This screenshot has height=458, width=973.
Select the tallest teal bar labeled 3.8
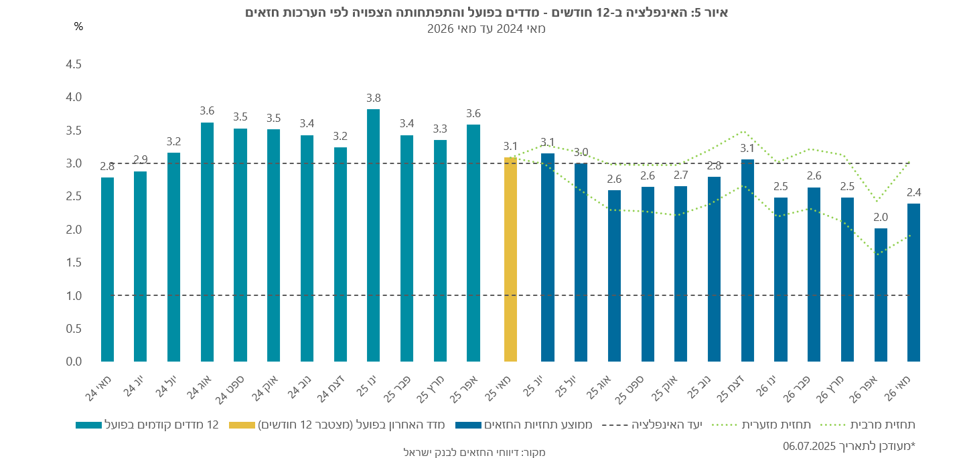(x=373, y=235)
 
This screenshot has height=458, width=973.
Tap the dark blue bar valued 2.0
(x=881, y=295)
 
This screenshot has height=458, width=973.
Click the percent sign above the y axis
(x=78, y=27)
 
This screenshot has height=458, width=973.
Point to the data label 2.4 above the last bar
(x=913, y=193)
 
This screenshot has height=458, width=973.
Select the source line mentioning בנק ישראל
(x=475, y=452)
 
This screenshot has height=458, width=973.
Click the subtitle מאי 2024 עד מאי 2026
(x=486, y=29)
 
